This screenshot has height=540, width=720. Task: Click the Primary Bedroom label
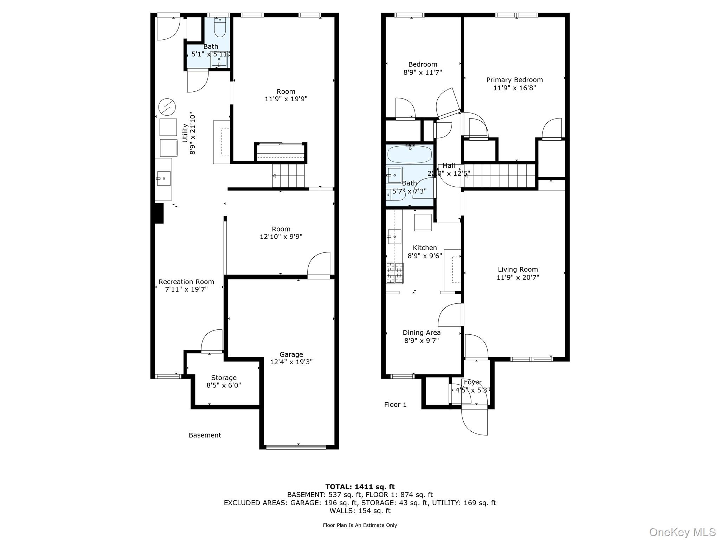click(x=514, y=80)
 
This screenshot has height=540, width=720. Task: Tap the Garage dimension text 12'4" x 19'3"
click(x=291, y=362)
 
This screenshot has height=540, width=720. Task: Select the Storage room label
click(x=224, y=378)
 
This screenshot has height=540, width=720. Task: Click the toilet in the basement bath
click(x=220, y=28)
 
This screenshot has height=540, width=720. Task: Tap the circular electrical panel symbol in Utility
click(x=167, y=107)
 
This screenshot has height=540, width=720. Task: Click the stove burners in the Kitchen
click(x=395, y=273)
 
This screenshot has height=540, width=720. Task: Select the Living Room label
click(x=517, y=269)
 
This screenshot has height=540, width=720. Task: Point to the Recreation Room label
click(x=186, y=282)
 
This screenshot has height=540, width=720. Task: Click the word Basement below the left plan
click(x=205, y=435)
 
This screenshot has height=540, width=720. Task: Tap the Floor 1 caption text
click(x=395, y=404)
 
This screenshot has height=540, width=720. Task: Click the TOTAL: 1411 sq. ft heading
click(x=360, y=487)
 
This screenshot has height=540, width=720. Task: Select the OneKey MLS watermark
click(x=682, y=532)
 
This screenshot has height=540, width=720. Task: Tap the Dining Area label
click(x=422, y=332)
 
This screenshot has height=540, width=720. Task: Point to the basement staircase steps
click(x=288, y=175)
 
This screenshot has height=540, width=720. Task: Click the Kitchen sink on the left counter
click(x=394, y=237)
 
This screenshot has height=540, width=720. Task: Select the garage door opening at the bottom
click(x=296, y=447)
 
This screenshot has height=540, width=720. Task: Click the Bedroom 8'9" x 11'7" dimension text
click(x=422, y=72)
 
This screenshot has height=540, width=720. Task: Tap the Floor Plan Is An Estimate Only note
click(x=360, y=525)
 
